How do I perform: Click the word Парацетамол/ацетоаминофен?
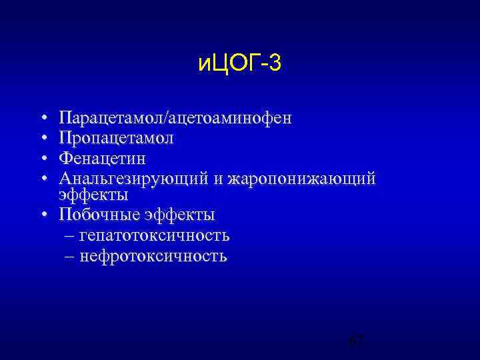click(x=175, y=118)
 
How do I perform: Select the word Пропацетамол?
click(x=116, y=138)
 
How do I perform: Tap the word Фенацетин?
click(x=102, y=159)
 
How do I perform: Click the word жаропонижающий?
click(x=301, y=179)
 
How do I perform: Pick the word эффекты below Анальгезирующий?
click(x=93, y=195)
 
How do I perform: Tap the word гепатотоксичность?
click(x=154, y=235)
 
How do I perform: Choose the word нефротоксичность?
click(x=153, y=256)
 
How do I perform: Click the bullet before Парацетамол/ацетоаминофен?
click(x=43, y=119)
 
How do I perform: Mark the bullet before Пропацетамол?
click(x=43, y=139)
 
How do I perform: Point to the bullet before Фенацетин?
click(x=43, y=159)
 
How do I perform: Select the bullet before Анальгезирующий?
click(x=43, y=179)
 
